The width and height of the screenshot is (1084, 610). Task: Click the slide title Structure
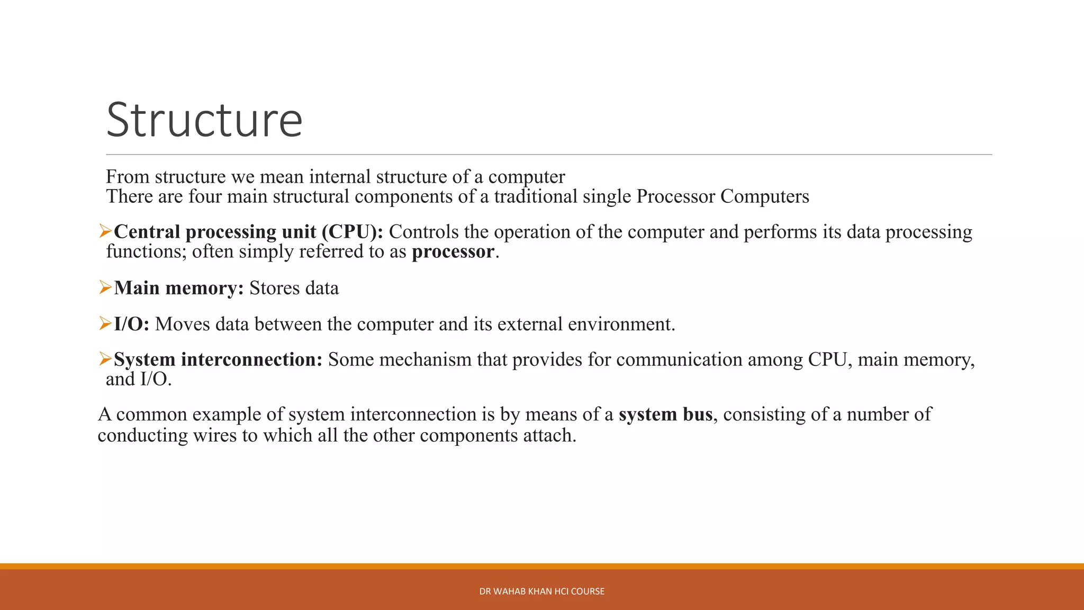[x=204, y=120]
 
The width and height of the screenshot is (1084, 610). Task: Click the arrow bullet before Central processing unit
[x=105, y=231]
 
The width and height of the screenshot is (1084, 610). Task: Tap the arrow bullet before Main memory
[x=105, y=288]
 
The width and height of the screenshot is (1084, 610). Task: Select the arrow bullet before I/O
[x=105, y=323]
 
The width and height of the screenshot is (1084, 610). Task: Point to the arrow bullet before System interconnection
[x=105, y=359]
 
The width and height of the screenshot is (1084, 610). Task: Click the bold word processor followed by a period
[x=453, y=252]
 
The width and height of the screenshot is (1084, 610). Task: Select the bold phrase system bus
[x=666, y=414]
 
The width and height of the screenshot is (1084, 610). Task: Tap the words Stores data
[x=294, y=288]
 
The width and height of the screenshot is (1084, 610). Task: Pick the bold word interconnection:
[x=251, y=360]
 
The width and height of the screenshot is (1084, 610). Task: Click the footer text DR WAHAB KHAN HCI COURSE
[x=541, y=591]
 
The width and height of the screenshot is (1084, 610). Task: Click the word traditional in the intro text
[x=536, y=196]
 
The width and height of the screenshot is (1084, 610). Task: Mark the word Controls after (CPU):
[x=423, y=232]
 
